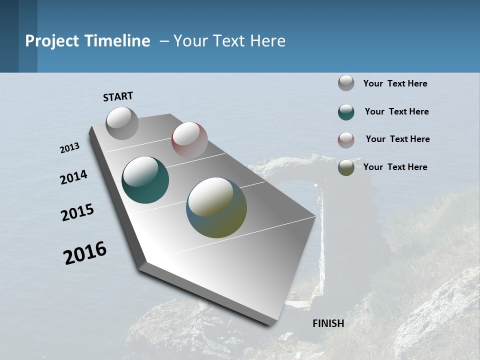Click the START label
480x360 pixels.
[x=118, y=96]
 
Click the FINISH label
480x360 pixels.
[x=328, y=323]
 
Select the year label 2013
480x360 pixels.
[x=70, y=148]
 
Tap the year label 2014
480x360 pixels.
[x=74, y=177]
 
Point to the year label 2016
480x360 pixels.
[x=85, y=253]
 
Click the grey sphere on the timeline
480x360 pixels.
[x=122, y=123]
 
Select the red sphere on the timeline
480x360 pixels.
[x=189, y=139]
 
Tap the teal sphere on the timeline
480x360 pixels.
[x=145, y=180]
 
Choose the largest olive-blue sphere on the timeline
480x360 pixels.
[x=216, y=207]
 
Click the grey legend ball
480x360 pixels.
[x=346, y=83]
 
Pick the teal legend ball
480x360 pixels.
[x=346, y=112]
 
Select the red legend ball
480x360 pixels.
[x=346, y=140]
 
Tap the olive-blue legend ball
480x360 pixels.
[x=346, y=167]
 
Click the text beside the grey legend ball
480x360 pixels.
[x=395, y=83]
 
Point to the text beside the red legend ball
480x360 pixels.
[x=397, y=139]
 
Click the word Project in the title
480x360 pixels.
[x=51, y=41]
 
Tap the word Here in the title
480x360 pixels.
[x=267, y=41]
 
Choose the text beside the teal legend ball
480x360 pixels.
[x=396, y=111]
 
